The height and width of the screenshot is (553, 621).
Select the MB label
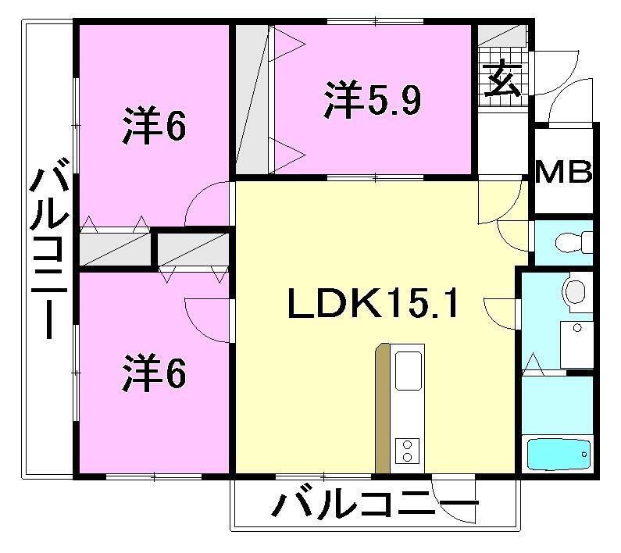coord(563,172)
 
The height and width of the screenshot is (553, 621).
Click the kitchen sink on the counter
coord(409,370)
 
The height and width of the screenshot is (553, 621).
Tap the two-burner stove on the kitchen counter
coord(408,450)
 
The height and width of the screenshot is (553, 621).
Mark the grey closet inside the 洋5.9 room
coord(252,100)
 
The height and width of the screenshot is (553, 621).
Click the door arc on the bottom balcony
coord(453,500)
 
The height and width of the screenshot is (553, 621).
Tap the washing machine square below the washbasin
coord(578,344)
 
